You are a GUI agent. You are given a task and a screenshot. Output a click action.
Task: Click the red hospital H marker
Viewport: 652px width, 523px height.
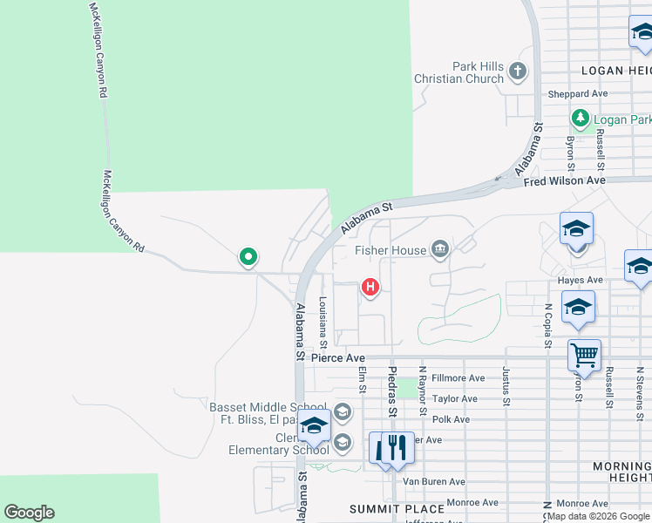[x=370, y=286]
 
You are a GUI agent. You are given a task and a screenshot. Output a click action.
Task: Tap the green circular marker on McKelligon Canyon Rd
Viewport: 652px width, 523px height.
[x=248, y=257]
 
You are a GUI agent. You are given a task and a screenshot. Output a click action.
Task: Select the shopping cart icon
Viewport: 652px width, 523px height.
[x=584, y=355]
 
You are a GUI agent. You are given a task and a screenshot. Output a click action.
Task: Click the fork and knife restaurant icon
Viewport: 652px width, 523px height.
[x=397, y=447]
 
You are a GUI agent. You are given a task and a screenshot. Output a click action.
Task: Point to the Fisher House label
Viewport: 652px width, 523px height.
[x=391, y=251]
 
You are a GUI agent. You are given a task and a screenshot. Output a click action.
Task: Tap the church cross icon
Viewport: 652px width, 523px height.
[x=518, y=71]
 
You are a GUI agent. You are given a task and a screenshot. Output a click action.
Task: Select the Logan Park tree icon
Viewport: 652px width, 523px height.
[x=580, y=118]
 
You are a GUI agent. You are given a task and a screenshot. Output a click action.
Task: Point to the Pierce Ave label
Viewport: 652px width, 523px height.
[x=337, y=357]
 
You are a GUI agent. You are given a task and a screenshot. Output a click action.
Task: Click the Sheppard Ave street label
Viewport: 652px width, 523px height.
[x=577, y=93]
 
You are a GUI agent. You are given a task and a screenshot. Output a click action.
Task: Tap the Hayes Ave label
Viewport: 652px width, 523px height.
[x=581, y=280]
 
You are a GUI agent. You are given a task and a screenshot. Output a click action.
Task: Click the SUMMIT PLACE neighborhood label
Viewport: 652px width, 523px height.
[x=384, y=508]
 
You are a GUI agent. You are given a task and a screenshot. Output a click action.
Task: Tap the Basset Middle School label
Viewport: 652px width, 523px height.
[x=268, y=407]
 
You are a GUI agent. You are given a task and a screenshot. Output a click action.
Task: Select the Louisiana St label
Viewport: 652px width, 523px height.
[x=323, y=318]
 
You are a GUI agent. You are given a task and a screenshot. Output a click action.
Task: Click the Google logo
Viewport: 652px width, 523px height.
[x=29, y=513]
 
